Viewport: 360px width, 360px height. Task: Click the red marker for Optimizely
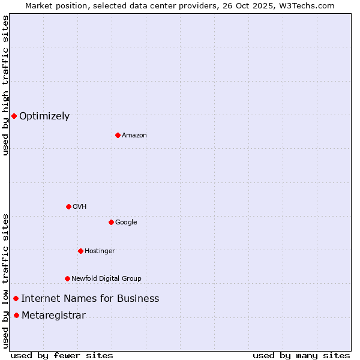pyautogui.click(x=14, y=116)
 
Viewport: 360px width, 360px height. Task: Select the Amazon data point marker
pyautogui.click(x=118, y=135)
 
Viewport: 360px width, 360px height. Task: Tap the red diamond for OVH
pyautogui.click(x=68, y=206)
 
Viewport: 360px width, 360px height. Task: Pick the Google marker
pyautogui.click(x=111, y=222)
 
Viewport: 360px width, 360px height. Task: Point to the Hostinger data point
pyautogui.click(x=80, y=251)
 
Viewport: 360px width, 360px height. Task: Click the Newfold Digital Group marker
pyautogui.click(x=67, y=278)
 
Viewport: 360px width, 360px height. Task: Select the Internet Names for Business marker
pyautogui.click(x=16, y=298)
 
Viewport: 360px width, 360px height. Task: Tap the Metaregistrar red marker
pyautogui.click(x=16, y=316)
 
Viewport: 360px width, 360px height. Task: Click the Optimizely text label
pyautogui.click(x=44, y=116)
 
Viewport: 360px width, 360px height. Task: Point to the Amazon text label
pyautogui.click(x=134, y=136)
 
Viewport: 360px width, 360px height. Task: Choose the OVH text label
pyautogui.click(x=80, y=207)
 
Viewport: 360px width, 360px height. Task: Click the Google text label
pyautogui.click(x=126, y=223)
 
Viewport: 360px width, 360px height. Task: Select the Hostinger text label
pyautogui.click(x=100, y=251)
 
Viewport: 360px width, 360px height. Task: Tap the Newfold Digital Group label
pyautogui.click(x=106, y=279)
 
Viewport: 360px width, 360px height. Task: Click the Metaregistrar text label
pyautogui.click(x=53, y=316)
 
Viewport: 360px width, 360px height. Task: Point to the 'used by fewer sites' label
pyautogui.click(x=62, y=355)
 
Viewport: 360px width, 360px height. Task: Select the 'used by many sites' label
pyautogui.click(x=301, y=355)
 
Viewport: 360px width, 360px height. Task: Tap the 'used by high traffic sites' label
pyautogui.click(x=5, y=85)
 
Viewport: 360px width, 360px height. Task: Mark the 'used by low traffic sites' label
pyautogui.click(x=5, y=280)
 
